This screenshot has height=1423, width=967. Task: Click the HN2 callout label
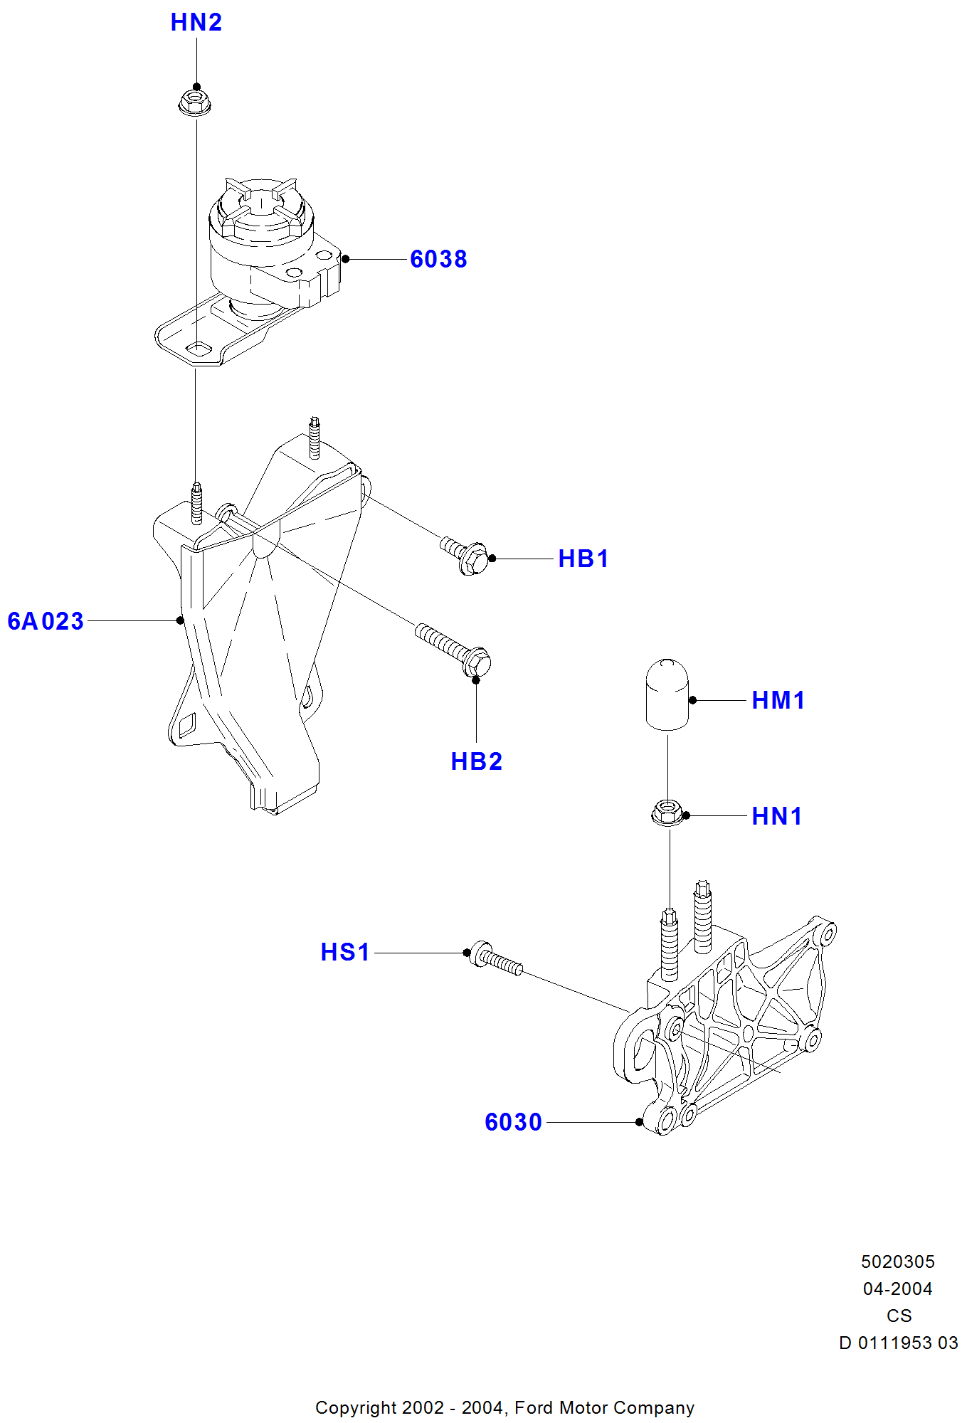[196, 23]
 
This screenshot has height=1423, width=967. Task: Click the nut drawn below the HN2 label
[194, 102]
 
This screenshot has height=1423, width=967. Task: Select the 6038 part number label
[438, 259]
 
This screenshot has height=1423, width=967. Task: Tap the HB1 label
[583, 559]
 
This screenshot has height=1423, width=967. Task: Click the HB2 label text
[476, 761]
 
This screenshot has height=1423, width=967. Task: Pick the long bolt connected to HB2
[453, 649]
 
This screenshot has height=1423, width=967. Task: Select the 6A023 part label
[46, 621]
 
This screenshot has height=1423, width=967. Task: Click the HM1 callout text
[778, 700]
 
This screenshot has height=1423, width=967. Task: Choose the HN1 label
[776, 816]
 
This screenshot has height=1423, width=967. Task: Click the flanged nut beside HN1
[667, 813]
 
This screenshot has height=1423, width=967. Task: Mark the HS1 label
[345, 952]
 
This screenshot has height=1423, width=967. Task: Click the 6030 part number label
[513, 1122]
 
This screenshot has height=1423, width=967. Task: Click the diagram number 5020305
[897, 1262]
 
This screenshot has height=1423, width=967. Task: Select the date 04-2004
[897, 1289]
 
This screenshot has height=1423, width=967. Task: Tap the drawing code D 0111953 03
[898, 1343]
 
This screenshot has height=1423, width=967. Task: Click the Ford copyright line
[504, 1408]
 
